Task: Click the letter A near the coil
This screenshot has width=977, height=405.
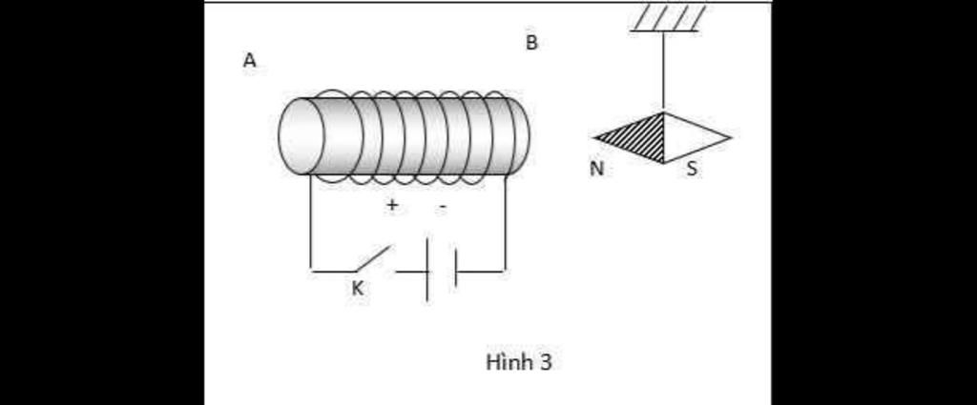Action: tap(250, 60)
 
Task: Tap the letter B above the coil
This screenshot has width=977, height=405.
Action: tap(531, 43)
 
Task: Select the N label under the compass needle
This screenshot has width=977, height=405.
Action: tap(596, 169)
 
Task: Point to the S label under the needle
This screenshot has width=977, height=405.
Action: tap(692, 170)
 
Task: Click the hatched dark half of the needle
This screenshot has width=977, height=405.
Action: tap(639, 138)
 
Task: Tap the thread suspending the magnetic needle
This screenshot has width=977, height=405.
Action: tap(664, 71)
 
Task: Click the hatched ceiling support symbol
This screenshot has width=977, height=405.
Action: tap(670, 18)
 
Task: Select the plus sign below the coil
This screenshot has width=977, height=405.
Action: tap(391, 205)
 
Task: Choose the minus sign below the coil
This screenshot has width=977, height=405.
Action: tap(442, 206)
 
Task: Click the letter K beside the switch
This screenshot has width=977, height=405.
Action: tap(357, 289)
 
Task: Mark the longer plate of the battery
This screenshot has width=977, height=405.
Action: tap(427, 272)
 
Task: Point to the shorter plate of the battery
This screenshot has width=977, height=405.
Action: tap(456, 268)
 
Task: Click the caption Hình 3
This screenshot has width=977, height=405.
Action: tap(518, 363)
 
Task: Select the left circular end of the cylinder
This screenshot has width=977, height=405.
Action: tap(301, 136)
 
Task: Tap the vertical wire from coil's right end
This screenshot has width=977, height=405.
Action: tap(505, 224)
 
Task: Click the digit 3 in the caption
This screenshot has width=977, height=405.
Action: tap(546, 363)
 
